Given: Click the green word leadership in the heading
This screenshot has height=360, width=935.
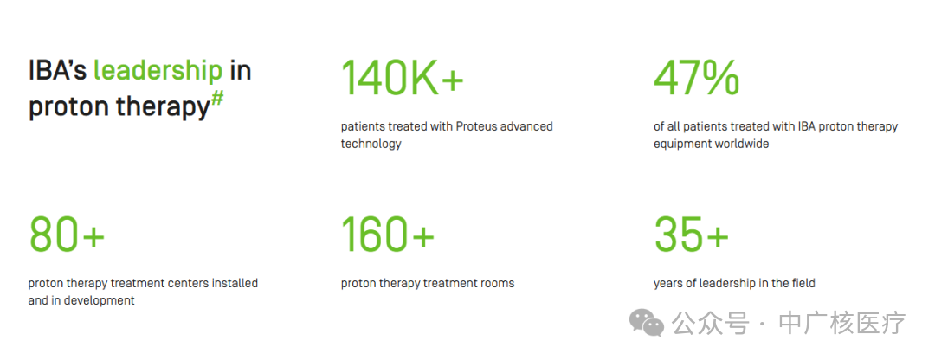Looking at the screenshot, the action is tap(158, 71).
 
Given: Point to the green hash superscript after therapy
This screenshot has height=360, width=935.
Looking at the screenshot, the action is tap(217, 99).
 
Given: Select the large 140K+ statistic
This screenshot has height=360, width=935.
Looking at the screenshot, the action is tap(402, 78).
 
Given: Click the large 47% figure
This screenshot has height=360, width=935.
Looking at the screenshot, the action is tap(696, 78).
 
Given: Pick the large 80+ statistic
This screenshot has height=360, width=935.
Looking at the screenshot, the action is tap(66, 234).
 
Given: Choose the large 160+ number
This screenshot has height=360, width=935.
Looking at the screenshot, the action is tap(388, 234).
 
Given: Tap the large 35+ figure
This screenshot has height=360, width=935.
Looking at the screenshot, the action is tap(691, 234).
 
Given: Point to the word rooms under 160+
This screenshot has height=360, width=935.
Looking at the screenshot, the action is tap(496, 283).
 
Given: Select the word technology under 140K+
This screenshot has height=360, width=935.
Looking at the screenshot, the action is tap(371, 145).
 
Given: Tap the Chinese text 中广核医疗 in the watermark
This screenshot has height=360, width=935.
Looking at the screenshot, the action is tap(842, 324).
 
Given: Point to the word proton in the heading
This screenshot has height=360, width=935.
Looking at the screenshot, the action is tap(68, 107).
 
